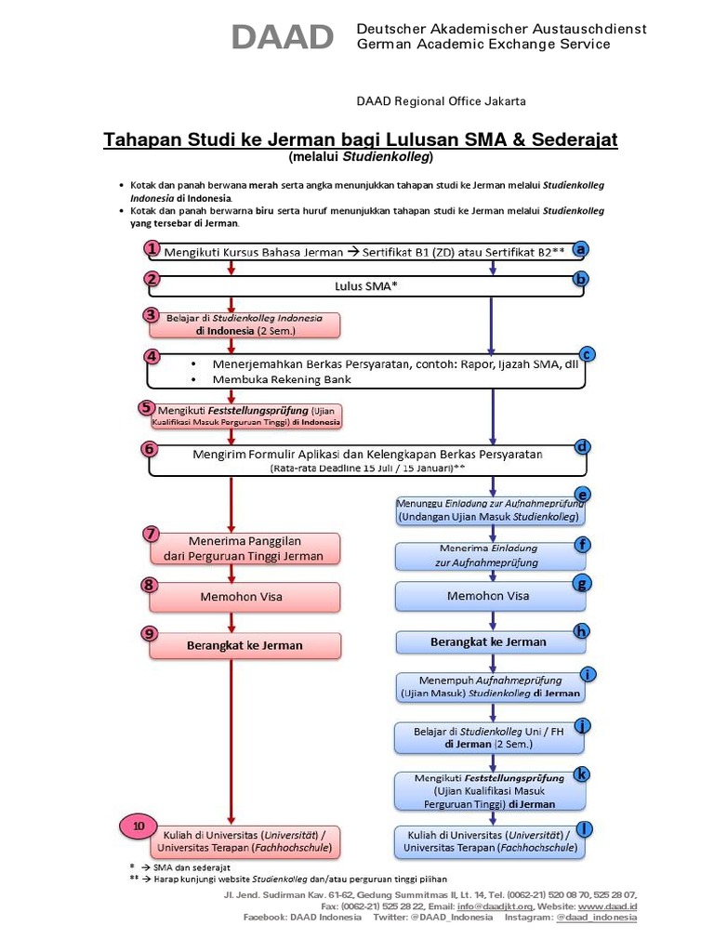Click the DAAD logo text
(x=283, y=37)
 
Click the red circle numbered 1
(x=152, y=248)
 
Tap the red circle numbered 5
(x=146, y=407)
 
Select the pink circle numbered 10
(x=139, y=826)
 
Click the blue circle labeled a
(x=581, y=249)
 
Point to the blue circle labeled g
(x=582, y=583)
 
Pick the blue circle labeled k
(x=582, y=773)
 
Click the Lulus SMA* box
(x=365, y=286)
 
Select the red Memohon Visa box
(x=243, y=596)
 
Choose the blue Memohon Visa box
(x=489, y=596)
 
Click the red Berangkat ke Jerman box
(x=243, y=644)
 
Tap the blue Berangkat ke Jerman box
(x=489, y=641)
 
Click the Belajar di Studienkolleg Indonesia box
(x=245, y=324)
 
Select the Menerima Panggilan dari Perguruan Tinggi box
(x=245, y=549)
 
